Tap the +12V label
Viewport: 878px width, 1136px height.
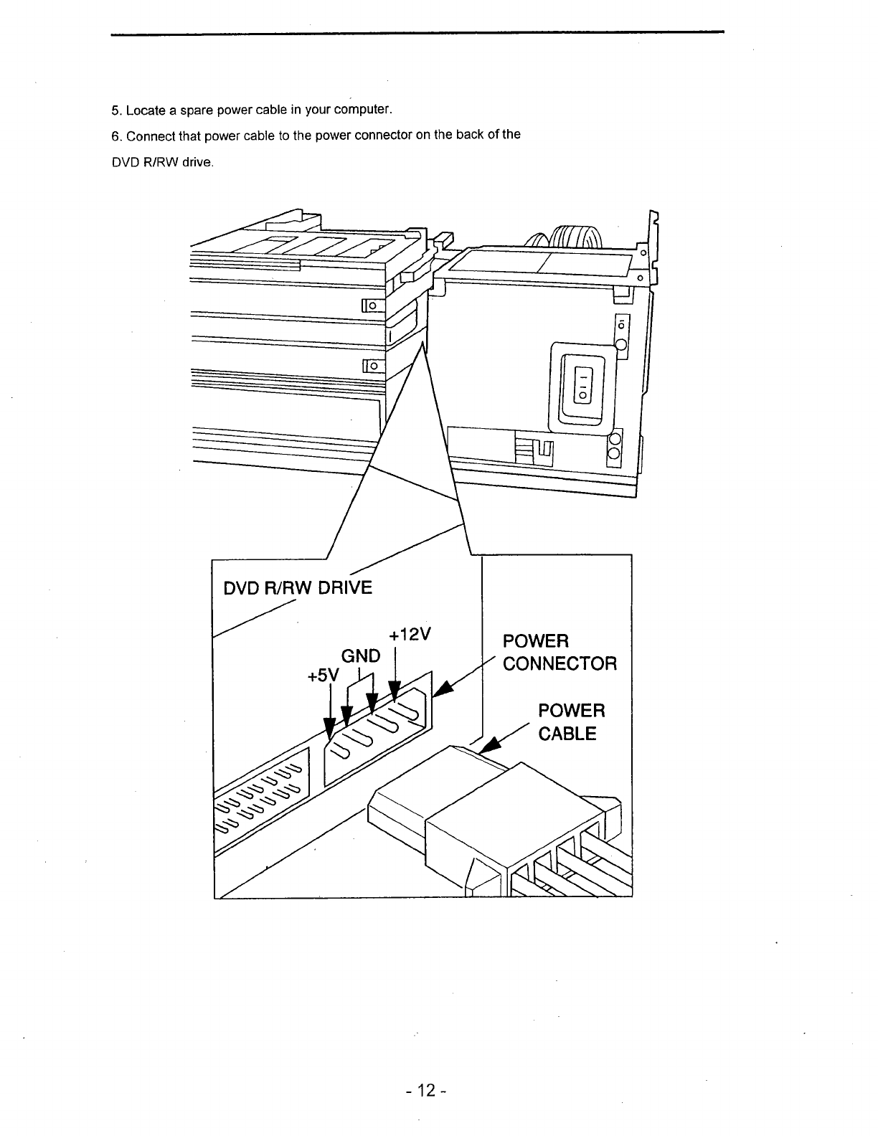[x=410, y=636]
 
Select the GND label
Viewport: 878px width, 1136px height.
[x=361, y=655]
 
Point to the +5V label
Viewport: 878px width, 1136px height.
[x=322, y=676]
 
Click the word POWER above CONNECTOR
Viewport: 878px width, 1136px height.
[x=536, y=640]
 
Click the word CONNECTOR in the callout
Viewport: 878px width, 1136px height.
[x=560, y=663]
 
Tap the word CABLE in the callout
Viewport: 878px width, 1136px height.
[x=567, y=734]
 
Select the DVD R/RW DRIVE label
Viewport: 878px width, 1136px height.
[x=298, y=588]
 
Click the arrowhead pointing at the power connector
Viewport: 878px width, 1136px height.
[x=443, y=688]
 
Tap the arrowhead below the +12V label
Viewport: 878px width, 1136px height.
[x=395, y=692]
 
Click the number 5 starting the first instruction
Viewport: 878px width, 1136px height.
[x=115, y=110]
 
